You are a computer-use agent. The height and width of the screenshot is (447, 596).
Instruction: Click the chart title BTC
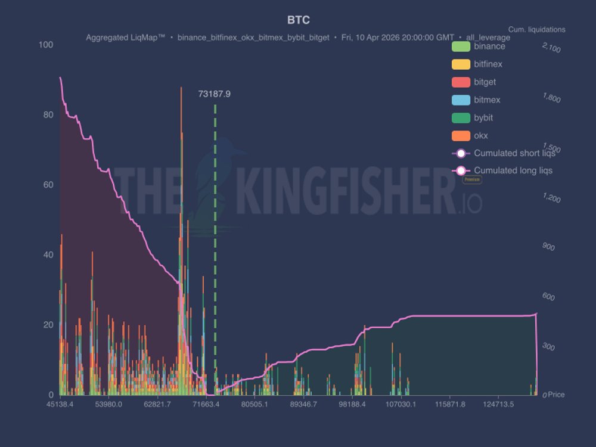coord(298,20)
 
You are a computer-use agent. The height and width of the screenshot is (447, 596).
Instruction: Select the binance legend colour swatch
coord(462,46)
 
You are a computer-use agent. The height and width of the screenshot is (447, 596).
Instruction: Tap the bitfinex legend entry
coord(488,64)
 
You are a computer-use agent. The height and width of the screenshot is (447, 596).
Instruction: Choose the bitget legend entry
coord(485,82)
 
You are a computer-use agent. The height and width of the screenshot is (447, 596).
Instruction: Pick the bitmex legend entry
coord(487,100)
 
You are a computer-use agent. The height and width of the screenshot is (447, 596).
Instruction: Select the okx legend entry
coord(480,136)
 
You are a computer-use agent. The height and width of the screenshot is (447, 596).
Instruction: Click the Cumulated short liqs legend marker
coord(461,153)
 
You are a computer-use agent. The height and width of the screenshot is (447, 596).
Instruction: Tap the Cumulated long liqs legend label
coord(513,170)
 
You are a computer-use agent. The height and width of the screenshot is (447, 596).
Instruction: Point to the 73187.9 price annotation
coord(215,94)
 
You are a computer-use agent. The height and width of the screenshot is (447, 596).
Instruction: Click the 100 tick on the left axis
coord(45,45)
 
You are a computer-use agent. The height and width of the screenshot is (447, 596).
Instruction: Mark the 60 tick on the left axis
coord(47,185)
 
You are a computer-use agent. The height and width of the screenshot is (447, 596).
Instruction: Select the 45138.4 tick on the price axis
coord(60,405)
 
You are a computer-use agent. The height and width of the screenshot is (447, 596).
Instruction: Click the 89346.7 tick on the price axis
coord(303,405)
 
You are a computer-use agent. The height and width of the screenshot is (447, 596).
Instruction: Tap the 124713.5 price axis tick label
coord(499,405)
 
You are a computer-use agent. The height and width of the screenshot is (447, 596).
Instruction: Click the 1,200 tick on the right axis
coord(551,198)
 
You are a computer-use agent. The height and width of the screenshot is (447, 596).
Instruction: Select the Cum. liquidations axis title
coord(536,29)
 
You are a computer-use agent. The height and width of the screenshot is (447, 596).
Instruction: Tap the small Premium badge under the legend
coord(472,179)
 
